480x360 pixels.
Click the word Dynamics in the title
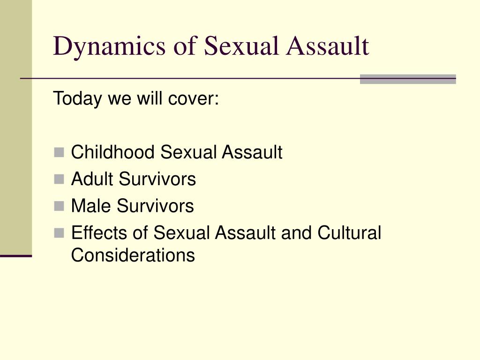coord(109,46)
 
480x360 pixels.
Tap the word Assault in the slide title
coord(328,46)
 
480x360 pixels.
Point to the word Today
coord(77,99)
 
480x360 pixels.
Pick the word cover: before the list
coord(194,99)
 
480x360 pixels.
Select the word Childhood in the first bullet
coord(112,152)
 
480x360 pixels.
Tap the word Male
coord(91,205)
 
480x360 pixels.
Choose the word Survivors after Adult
coord(157,179)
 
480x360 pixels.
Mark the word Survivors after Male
coord(155,205)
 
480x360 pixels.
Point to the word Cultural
coord(349,232)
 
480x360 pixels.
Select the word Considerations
coord(133,255)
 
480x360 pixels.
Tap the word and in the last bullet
coord(297,232)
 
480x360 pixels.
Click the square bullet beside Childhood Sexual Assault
coord(59,152)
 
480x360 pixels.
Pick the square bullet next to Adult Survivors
coord(59,179)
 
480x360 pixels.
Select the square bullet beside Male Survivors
coord(59,206)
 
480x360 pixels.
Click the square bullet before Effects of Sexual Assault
coord(59,233)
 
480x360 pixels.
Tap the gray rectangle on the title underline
coord(408,79)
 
